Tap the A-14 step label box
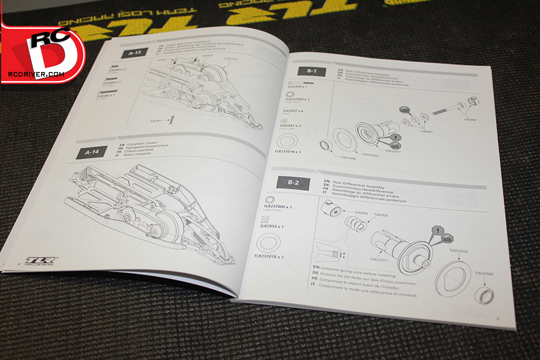pyautogui.click(x=91, y=152)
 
